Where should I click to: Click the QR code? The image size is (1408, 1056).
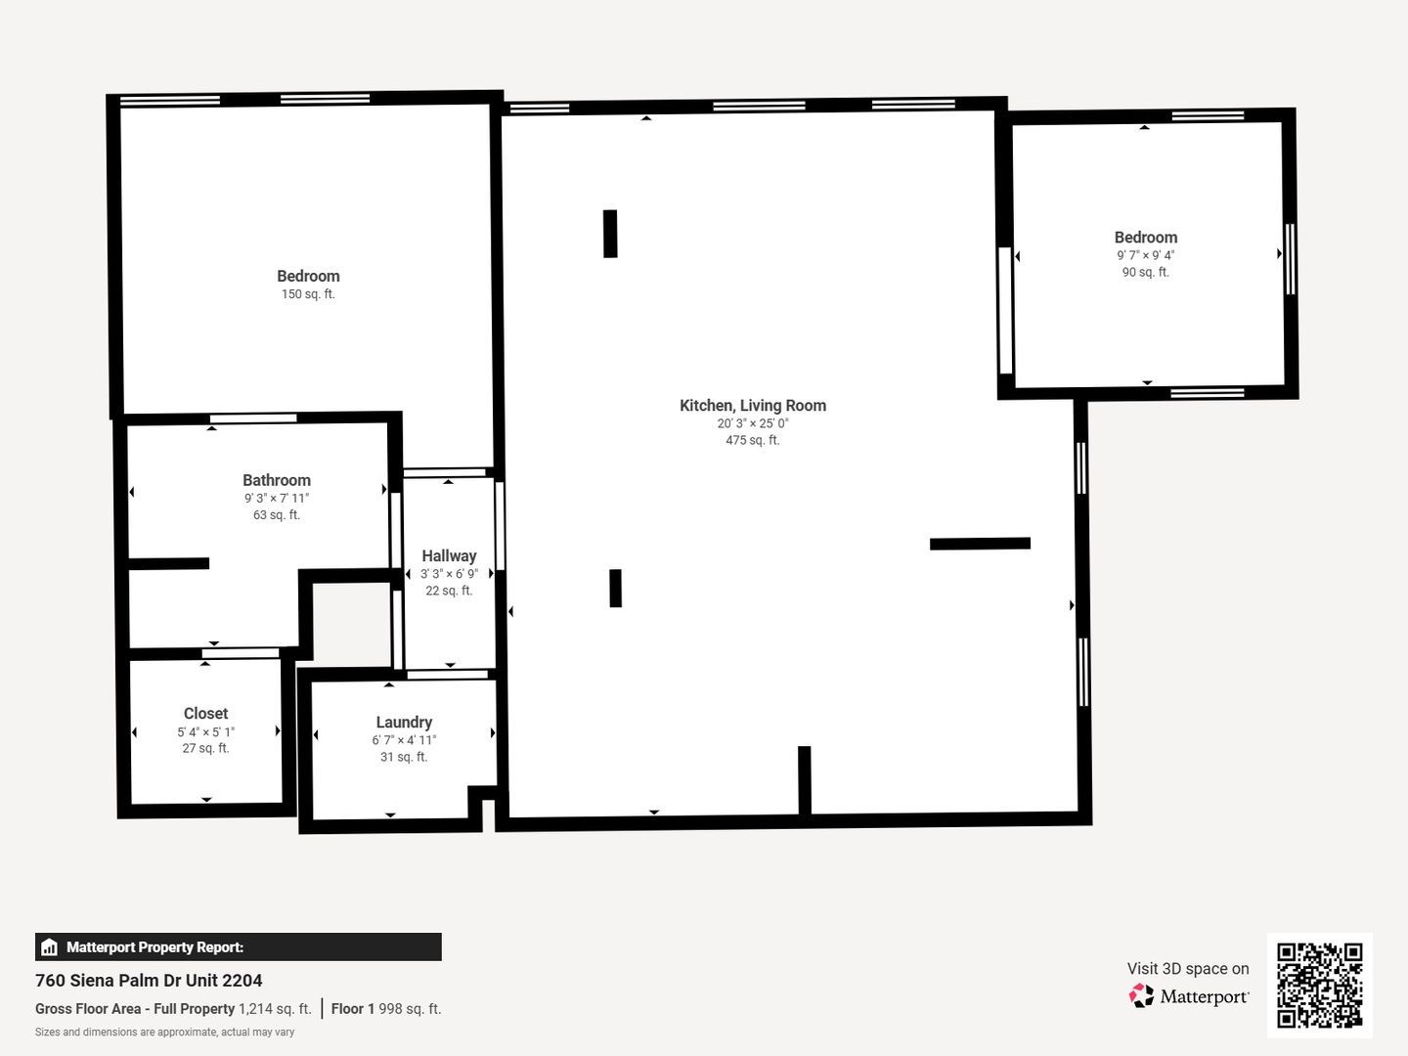point(1319,986)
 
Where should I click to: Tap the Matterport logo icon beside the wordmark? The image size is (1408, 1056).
point(1141,995)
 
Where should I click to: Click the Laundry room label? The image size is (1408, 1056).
point(404,722)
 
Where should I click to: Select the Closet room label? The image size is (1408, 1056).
point(206,714)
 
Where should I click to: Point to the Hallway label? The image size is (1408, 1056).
point(449,556)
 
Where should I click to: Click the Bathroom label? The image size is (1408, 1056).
point(277,480)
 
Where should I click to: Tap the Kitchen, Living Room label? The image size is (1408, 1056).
point(753,405)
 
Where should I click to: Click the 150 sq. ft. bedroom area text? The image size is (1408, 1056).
point(308,294)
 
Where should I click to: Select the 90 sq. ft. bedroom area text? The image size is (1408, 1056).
point(1146,272)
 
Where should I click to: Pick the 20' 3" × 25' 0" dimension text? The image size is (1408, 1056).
point(753,423)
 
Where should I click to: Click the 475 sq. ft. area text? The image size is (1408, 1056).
point(753,440)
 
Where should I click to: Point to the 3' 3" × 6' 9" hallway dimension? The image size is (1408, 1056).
point(449,574)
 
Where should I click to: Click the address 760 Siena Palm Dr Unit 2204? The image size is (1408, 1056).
point(149,981)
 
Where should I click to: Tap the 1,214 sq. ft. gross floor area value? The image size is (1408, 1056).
point(275,1008)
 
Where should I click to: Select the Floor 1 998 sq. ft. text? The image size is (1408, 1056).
point(386,1008)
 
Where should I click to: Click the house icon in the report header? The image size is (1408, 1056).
point(50,947)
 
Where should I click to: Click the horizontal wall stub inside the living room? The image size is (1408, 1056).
point(980,544)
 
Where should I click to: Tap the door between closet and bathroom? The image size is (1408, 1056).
point(241,653)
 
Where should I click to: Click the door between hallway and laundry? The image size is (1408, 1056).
point(448,675)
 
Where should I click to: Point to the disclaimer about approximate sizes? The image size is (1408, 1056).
point(165,1033)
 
